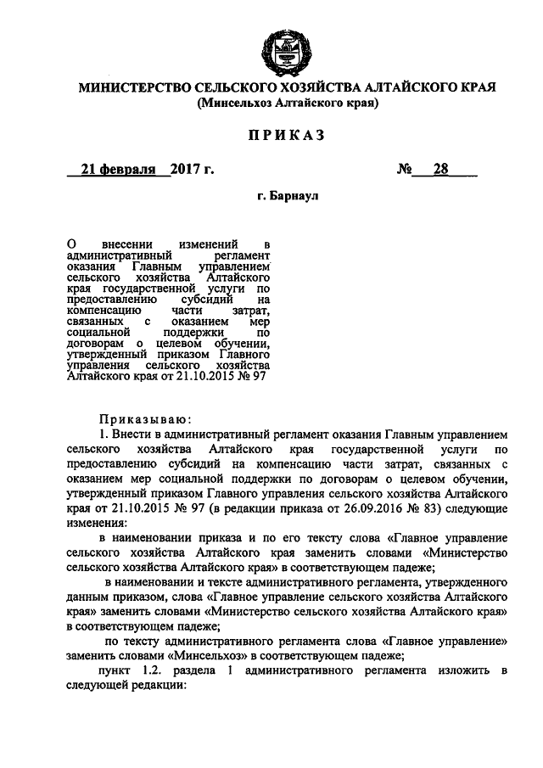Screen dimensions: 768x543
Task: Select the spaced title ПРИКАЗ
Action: click(286, 136)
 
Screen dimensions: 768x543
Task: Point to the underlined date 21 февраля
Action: click(117, 169)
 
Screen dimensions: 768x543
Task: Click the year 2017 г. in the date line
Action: click(190, 169)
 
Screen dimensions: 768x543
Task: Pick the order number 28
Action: click(440, 169)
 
